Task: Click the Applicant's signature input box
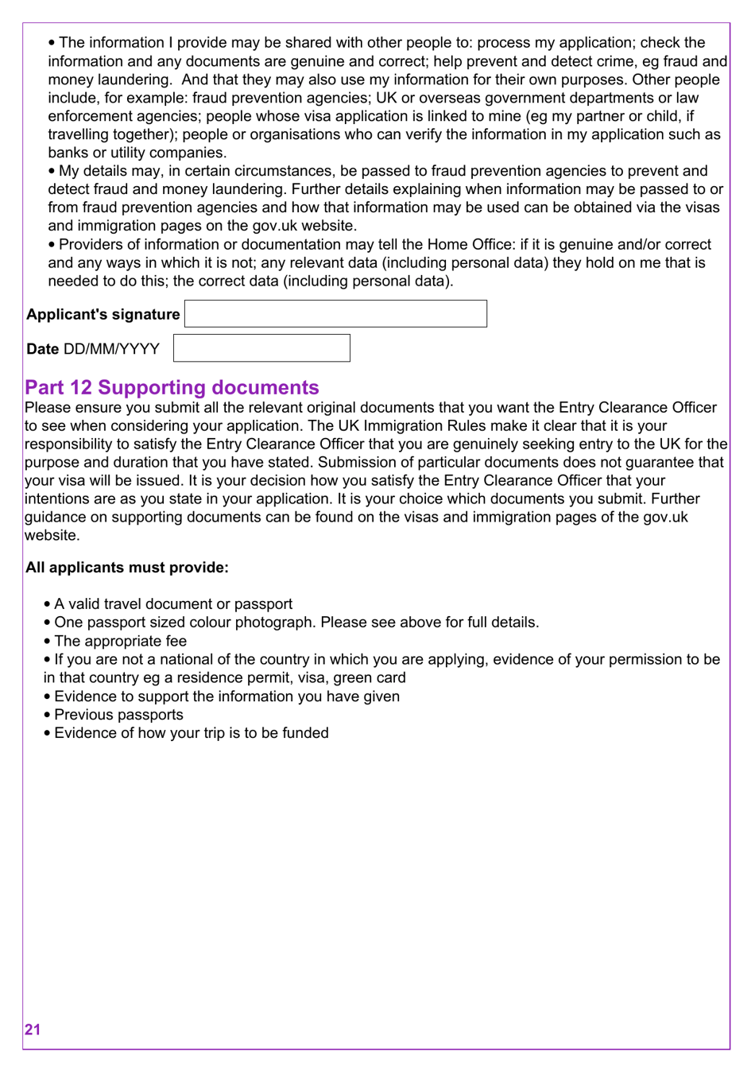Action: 335,314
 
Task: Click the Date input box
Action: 261,348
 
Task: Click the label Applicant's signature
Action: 103,315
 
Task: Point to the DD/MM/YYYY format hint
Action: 111,349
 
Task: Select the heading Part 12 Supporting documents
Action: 172,387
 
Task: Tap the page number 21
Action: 33,1030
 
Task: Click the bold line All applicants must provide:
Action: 127,568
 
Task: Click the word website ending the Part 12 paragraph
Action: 52,536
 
